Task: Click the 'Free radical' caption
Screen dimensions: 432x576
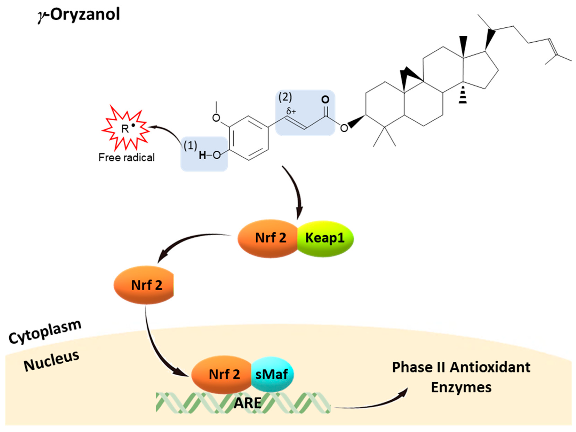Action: point(127,157)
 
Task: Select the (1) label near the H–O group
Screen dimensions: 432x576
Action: point(190,145)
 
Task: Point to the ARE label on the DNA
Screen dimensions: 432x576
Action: point(247,403)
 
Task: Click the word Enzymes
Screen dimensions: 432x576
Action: point(461,387)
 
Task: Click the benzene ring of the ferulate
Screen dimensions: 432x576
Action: point(249,138)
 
